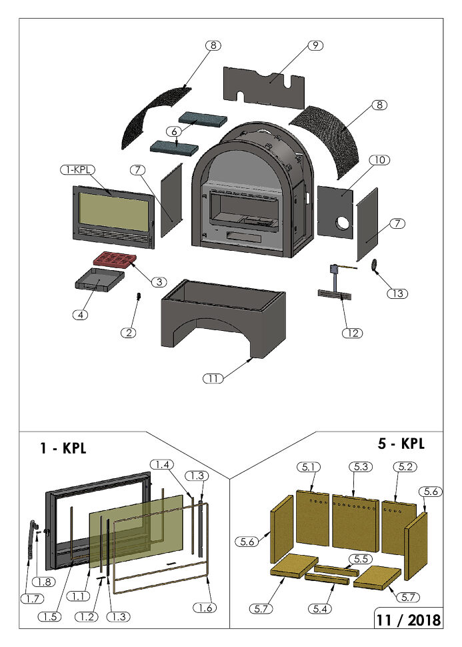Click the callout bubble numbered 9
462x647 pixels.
click(x=315, y=45)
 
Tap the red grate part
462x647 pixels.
click(x=114, y=260)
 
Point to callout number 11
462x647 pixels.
click(x=213, y=378)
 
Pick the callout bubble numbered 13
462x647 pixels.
click(x=398, y=293)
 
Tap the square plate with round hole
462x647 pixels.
click(x=336, y=211)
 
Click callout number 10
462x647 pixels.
click(x=381, y=160)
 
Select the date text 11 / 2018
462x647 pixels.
click(x=407, y=619)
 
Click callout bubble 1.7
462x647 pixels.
click(x=32, y=599)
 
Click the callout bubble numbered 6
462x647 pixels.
click(x=175, y=131)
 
